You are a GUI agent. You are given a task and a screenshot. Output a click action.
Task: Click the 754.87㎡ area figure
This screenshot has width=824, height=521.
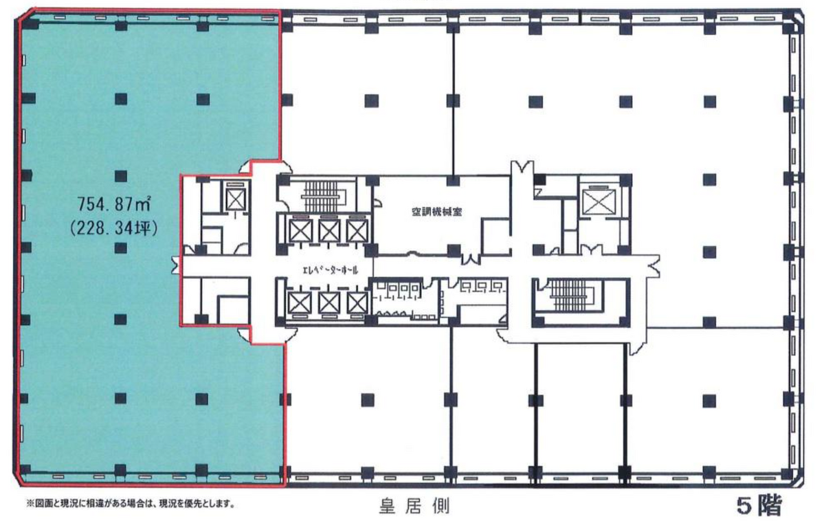click(115, 203)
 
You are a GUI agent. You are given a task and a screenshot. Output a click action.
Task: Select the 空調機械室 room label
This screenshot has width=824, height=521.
click(436, 212)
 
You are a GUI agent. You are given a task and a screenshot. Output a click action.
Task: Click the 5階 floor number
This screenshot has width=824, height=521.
click(759, 505)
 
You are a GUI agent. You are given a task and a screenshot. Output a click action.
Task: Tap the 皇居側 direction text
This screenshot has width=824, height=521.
click(414, 507)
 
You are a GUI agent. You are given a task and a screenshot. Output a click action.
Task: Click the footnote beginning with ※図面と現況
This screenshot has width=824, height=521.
click(131, 504)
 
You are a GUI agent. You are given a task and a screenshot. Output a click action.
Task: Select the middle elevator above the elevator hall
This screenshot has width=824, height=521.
click(329, 230)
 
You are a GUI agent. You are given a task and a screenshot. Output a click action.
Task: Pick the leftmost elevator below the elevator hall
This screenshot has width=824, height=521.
click(300, 302)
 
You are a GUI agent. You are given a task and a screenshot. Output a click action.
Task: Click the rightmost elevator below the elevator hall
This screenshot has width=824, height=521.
click(357, 302)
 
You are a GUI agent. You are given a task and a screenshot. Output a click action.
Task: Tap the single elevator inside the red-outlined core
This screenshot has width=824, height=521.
click(236, 199)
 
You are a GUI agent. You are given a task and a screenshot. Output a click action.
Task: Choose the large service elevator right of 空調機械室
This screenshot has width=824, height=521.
click(599, 202)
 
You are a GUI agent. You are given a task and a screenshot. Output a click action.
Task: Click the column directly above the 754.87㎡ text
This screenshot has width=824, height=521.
click(121, 175)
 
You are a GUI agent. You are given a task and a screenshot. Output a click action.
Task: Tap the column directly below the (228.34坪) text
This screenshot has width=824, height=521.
click(121, 247)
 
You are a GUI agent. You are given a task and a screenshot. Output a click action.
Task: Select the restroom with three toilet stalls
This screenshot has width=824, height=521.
click(476, 298)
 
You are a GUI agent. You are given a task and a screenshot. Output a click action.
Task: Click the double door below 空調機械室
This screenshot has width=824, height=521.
click(471, 258)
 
